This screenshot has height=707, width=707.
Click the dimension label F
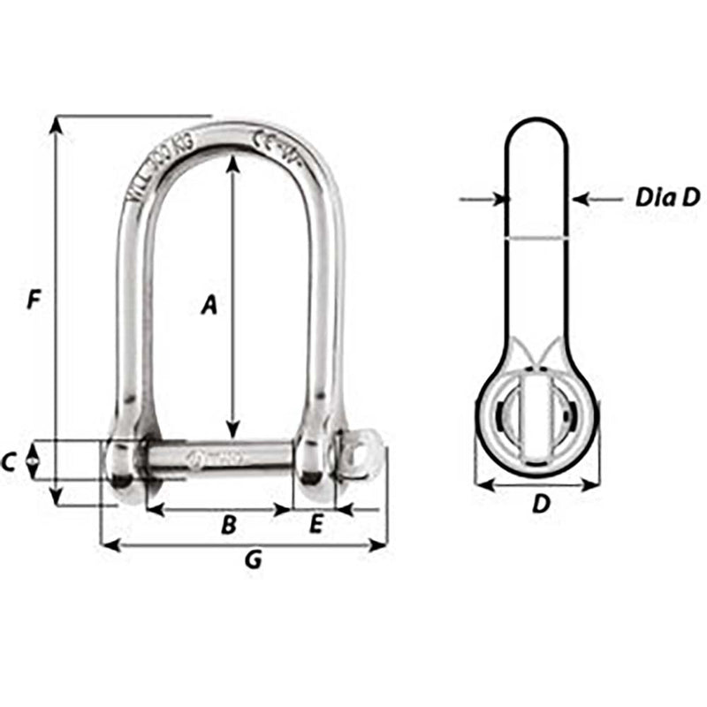(x=34, y=300)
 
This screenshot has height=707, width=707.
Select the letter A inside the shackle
(x=209, y=305)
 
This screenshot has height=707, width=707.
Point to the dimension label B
(x=228, y=526)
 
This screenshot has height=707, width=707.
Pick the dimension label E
(x=315, y=525)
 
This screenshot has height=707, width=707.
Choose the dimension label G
(x=253, y=559)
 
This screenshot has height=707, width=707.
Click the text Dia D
(x=667, y=197)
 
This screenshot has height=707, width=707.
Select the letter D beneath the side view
(x=542, y=505)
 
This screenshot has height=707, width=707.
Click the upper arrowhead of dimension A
(x=232, y=162)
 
